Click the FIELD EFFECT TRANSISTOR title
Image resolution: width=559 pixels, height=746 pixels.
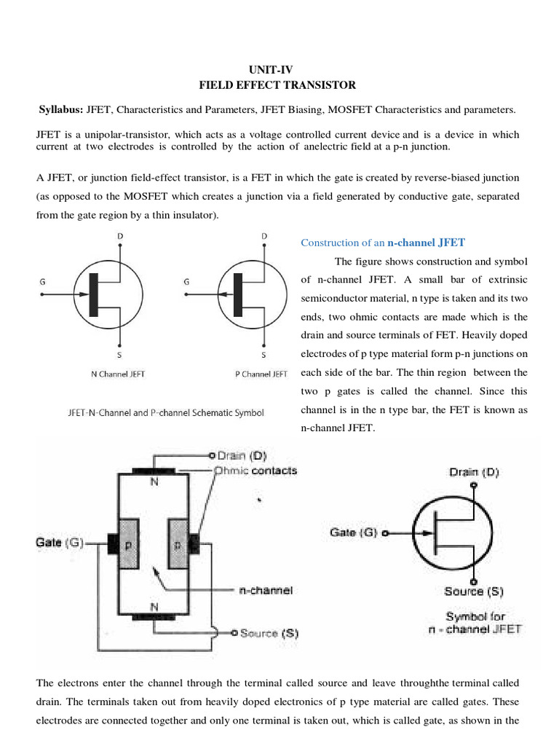[x=277, y=85]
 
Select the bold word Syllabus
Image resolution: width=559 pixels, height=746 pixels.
[x=60, y=110]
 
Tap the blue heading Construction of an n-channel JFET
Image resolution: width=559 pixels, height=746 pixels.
[x=383, y=242]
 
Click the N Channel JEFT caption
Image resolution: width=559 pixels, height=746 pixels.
[x=118, y=374]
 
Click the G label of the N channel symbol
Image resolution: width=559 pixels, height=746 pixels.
[x=43, y=280]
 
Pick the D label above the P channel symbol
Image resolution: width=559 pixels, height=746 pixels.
[x=264, y=236]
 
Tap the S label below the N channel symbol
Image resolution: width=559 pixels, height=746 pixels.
[x=119, y=356]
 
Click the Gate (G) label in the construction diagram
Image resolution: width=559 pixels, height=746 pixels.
[x=60, y=542]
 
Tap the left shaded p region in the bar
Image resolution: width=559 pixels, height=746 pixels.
[x=128, y=543]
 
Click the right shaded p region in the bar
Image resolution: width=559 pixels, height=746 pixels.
[x=178, y=543]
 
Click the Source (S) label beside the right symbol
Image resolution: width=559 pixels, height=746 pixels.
[x=473, y=592]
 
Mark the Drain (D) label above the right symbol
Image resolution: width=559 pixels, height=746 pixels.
[x=474, y=472]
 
